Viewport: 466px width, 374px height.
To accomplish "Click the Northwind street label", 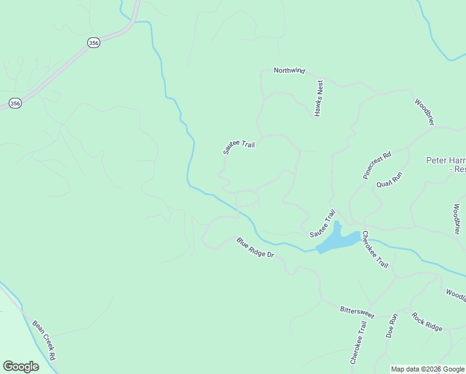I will tap(289, 70).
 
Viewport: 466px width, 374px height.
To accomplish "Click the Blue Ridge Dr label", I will tap(255, 247).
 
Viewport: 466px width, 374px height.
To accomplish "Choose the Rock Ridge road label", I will tap(427, 321).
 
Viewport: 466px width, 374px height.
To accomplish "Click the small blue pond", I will tap(336, 240).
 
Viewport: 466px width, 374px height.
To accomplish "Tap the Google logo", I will tap(21, 367).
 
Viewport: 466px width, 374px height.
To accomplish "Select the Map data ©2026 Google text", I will tap(427, 369).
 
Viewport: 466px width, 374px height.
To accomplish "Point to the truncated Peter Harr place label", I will tap(445, 164).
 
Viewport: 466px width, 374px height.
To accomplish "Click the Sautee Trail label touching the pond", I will tap(322, 223).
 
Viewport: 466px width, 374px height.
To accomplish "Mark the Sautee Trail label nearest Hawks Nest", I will tap(239, 148).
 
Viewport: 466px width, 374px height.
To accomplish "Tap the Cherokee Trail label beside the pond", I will tap(375, 250).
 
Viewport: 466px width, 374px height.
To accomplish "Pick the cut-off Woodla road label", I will tap(455, 294).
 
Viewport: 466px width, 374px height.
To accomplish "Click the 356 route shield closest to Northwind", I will tap(93, 43).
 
